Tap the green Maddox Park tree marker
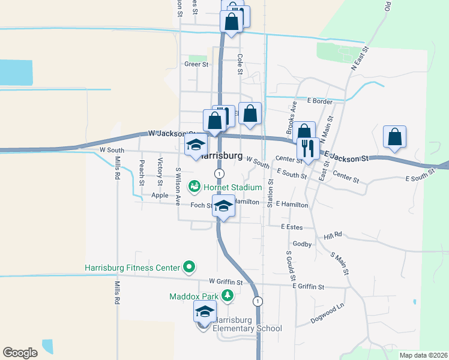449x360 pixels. coord(228,295)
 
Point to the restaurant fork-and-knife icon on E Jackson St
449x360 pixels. coord(309,148)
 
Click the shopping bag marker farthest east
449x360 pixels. coord(395,137)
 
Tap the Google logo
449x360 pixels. coord(20,353)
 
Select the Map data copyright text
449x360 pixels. coord(423,355)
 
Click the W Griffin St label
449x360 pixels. coord(225,281)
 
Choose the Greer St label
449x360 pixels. coord(196,64)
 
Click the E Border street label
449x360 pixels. coord(319,101)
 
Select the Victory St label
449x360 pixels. coord(160,171)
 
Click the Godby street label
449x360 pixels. coord(301,244)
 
